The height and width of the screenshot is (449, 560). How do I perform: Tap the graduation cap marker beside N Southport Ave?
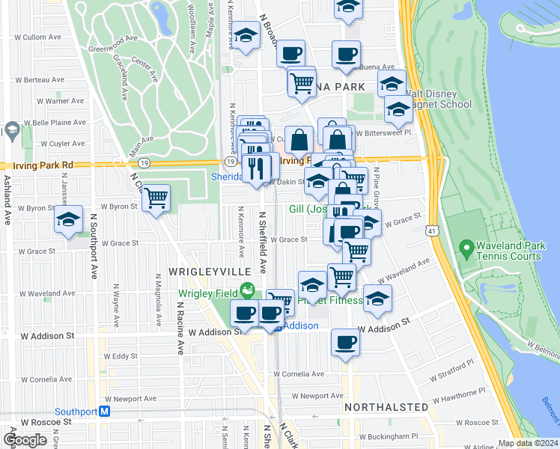click(x=68, y=220)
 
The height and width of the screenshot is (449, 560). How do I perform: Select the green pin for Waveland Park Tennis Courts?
click(x=466, y=246)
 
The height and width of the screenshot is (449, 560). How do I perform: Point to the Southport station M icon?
click(x=105, y=412)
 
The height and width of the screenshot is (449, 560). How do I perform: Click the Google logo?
click(x=25, y=440)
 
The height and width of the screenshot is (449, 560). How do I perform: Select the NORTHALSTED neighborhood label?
click(x=386, y=407)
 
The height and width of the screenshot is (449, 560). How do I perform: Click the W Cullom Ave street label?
click(x=50, y=36)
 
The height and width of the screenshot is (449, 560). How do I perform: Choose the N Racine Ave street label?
click(x=180, y=328)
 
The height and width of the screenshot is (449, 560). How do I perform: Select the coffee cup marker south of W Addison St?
click(x=345, y=342)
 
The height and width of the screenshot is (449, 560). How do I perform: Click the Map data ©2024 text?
click(x=528, y=443)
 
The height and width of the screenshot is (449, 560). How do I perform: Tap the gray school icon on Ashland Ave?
click(x=12, y=132)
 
